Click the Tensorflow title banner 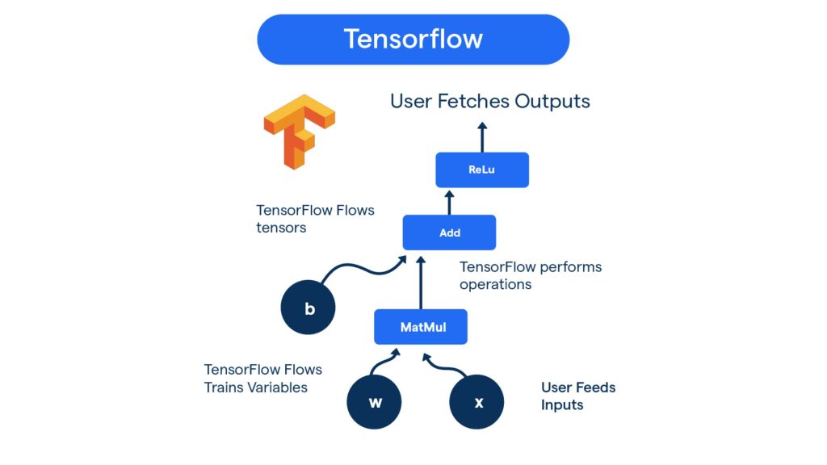pos(413,39)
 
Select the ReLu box pos(482,170)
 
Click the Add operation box pos(449,232)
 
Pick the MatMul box pos(421,327)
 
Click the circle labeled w pos(375,402)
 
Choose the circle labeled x pos(477,402)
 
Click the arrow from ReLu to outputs pos(482,137)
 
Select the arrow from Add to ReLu pos(450,201)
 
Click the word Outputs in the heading pos(552,102)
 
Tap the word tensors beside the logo pos(281,228)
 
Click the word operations pos(495,284)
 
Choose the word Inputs pos(562,405)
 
